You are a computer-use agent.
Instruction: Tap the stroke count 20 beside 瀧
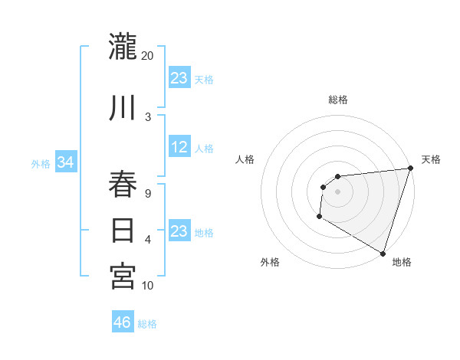point(148,55)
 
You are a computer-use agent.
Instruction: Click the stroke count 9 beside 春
point(148,194)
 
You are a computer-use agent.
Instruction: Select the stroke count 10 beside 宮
point(148,286)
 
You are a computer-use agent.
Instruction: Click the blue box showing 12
point(179,148)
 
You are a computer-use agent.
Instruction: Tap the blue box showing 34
point(65,162)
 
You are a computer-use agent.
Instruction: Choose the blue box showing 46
point(122,322)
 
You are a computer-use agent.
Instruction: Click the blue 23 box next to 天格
point(179,78)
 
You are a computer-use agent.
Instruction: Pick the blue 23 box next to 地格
point(179,231)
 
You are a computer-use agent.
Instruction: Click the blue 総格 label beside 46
point(147,324)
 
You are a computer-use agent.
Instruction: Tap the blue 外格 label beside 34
point(41,164)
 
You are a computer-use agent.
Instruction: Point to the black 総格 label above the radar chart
point(337,100)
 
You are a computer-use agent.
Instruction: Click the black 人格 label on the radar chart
point(245,159)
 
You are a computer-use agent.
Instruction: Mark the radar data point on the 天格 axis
point(410,169)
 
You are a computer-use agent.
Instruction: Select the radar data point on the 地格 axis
point(383,253)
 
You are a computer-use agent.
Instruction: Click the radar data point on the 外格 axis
point(319,217)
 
